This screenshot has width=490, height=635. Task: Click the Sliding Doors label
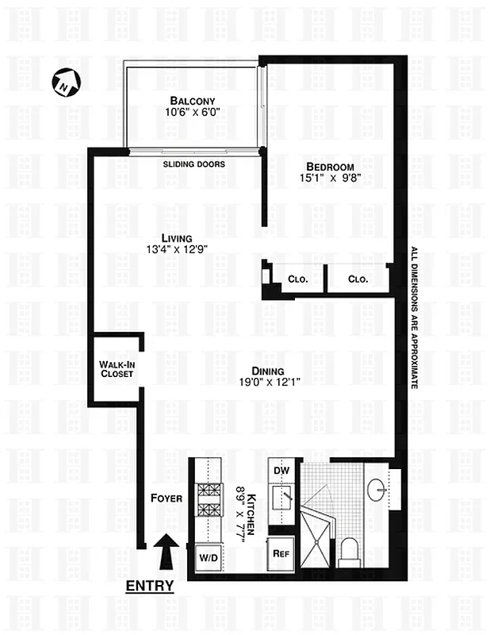(194, 164)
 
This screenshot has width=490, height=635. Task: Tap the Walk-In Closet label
(117, 369)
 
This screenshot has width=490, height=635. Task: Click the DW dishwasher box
(281, 470)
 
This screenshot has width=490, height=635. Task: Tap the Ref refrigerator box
(280, 553)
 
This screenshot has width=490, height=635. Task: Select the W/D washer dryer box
(207, 556)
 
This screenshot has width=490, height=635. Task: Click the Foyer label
(167, 498)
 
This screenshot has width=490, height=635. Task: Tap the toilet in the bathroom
(350, 551)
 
